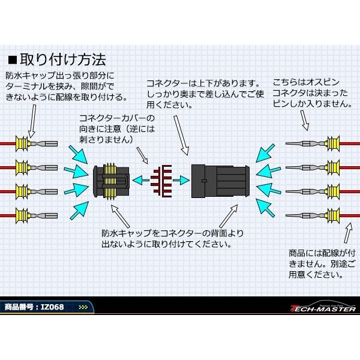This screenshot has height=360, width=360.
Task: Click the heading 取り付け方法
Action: (x=64, y=60)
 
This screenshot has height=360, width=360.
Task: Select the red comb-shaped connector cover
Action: (x=160, y=179)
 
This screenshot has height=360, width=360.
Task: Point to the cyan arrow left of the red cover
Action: (x=140, y=179)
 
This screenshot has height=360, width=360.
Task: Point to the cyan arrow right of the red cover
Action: (x=179, y=179)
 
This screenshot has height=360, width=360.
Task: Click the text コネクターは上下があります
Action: (x=204, y=82)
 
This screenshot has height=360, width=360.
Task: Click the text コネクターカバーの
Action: (x=116, y=117)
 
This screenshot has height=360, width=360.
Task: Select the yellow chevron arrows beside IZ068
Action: (x=83, y=308)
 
